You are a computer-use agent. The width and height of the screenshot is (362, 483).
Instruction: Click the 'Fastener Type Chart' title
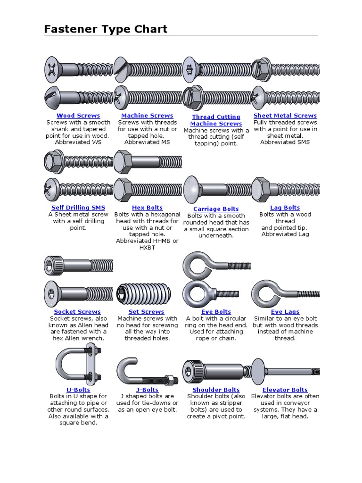click(106, 29)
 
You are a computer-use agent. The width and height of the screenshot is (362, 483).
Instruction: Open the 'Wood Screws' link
click(78, 116)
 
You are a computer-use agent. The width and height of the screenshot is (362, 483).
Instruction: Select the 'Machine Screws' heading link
click(147, 116)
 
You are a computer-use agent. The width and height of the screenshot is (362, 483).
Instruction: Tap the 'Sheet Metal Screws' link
click(285, 116)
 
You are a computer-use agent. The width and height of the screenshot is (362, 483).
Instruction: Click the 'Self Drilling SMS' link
click(78, 208)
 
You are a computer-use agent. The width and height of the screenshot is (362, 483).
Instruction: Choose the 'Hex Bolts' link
click(147, 208)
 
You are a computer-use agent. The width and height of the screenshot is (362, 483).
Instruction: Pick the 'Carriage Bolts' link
click(216, 209)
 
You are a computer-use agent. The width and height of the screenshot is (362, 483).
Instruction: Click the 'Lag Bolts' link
click(285, 208)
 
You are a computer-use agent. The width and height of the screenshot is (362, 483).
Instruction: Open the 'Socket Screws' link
click(77, 312)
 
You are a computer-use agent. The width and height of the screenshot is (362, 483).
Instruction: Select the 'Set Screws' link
click(147, 312)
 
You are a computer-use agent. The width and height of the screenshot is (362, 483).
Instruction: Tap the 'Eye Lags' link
click(285, 312)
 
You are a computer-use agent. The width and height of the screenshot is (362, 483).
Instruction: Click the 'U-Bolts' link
click(78, 390)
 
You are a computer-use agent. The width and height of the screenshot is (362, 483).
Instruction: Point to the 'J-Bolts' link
click(147, 390)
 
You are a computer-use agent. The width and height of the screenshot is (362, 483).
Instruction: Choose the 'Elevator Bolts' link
click(285, 390)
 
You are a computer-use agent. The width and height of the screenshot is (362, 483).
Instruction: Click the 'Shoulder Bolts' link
click(216, 390)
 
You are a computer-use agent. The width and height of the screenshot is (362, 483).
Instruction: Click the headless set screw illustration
click(147, 294)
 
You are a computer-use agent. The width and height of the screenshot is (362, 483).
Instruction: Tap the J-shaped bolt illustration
click(147, 373)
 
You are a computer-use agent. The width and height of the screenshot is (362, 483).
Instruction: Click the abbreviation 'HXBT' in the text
click(147, 247)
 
